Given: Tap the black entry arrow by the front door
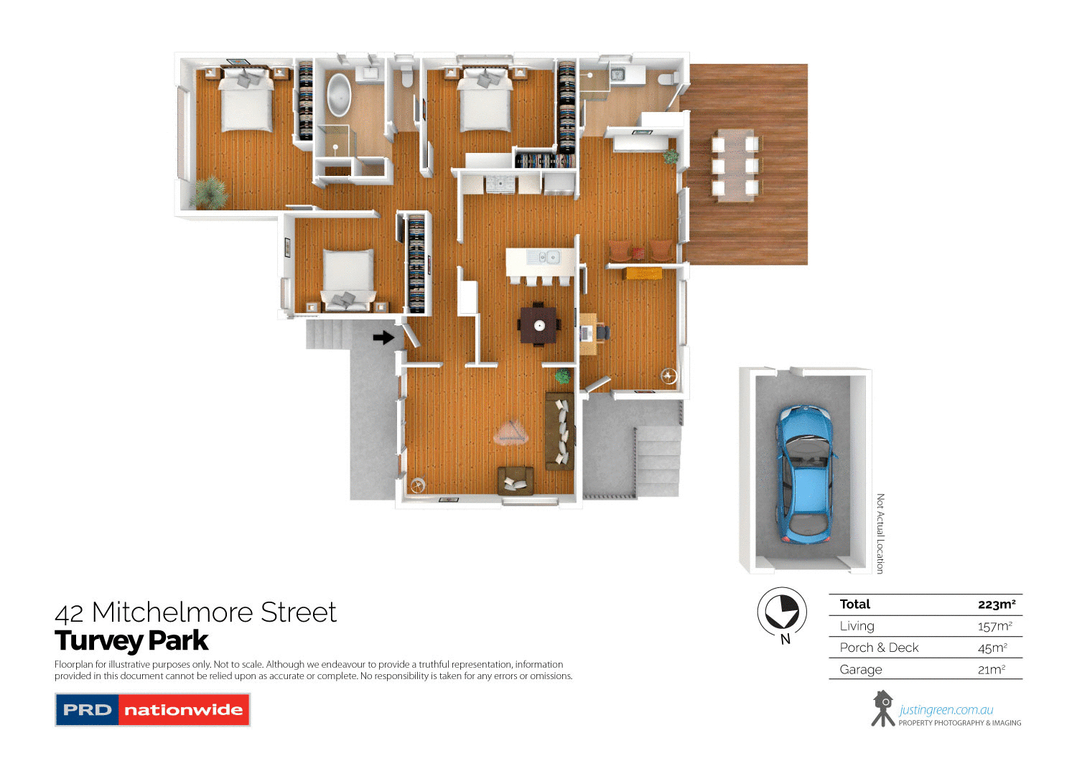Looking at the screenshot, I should pyautogui.click(x=384, y=337).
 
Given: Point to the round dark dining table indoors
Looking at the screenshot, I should pyautogui.click(x=538, y=325).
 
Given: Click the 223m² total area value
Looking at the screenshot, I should pyautogui.click(x=996, y=604).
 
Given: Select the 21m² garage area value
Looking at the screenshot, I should pyautogui.click(x=991, y=670).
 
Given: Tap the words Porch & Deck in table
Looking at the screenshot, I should pyautogui.click(x=879, y=648).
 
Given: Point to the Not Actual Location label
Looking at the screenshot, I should pyautogui.click(x=880, y=533).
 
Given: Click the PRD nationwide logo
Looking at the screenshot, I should pyautogui.click(x=152, y=709).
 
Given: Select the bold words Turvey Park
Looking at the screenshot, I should pyautogui.click(x=131, y=640).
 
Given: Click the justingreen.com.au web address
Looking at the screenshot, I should pyautogui.click(x=946, y=710).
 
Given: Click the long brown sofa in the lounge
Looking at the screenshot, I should pyautogui.click(x=560, y=431).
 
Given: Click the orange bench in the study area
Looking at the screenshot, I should pyautogui.click(x=643, y=273).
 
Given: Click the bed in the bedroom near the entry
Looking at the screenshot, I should pyautogui.click(x=348, y=276).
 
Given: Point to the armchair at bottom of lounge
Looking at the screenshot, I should pyautogui.click(x=516, y=479).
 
